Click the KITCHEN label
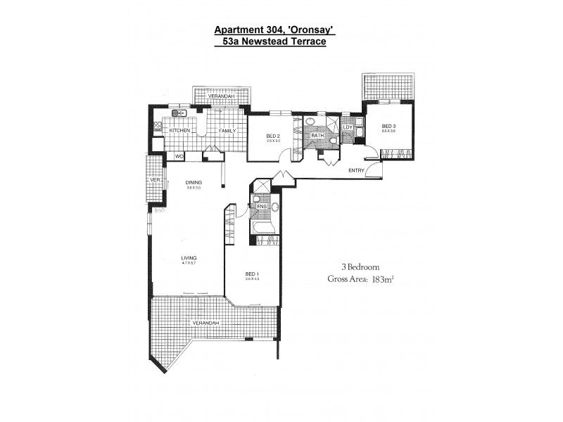(179, 131)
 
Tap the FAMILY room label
(227, 131)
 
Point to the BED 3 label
(388, 125)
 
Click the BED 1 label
(252, 274)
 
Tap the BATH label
(317, 135)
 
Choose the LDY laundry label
(347, 127)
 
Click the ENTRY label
(357, 171)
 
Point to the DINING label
(194, 183)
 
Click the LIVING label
(187, 258)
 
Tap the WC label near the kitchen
(179, 156)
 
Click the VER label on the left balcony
(156, 180)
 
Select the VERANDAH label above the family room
(220, 96)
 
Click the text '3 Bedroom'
(360, 267)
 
